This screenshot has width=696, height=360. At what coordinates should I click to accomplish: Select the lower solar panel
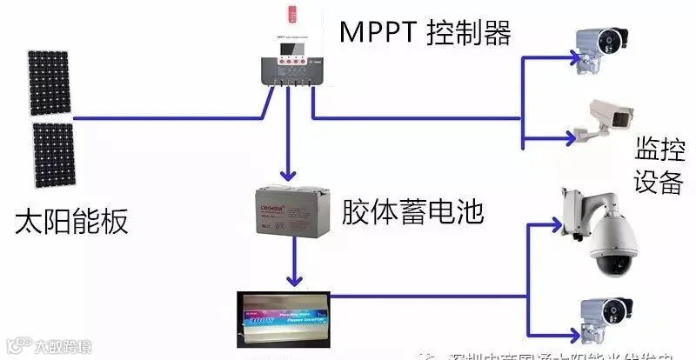[x=53, y=155]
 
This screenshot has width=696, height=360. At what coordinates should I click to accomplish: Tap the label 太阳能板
[x=71, y=221]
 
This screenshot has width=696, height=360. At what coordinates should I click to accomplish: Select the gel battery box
[x=289, y=214]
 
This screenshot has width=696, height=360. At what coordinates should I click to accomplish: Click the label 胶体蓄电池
[x=412, y=213]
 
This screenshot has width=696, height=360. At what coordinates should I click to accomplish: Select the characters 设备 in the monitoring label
[x=656, y=185]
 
